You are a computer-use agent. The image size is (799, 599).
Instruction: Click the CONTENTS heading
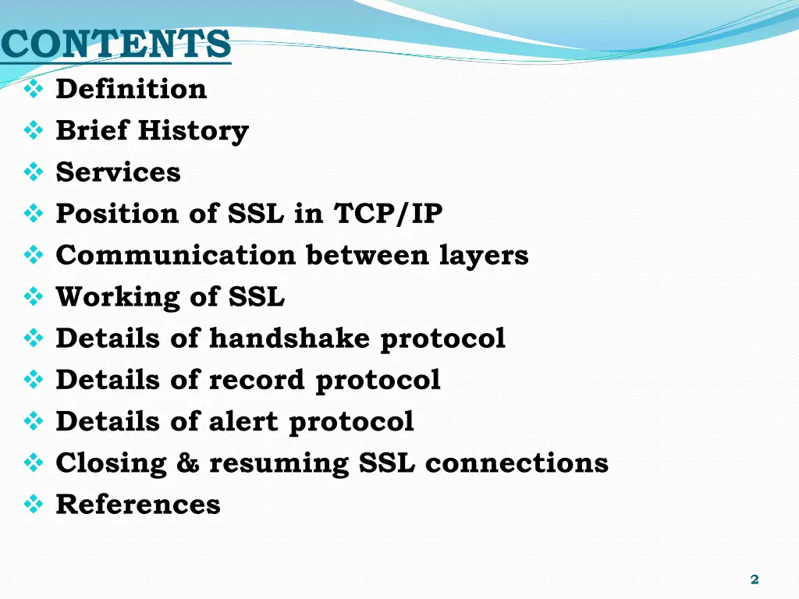tap(116, 44)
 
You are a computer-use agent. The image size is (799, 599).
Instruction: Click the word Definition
tap(131, 89)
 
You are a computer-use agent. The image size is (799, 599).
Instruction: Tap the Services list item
tap(118, 172)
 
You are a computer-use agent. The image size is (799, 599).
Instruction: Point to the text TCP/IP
tap(388, 214)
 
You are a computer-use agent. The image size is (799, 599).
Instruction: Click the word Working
tap(116, 296)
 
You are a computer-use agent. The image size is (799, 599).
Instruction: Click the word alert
tap(243, 421)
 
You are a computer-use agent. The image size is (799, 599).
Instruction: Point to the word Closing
tap(111, 463)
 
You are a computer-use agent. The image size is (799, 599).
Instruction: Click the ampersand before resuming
tap(187, 463)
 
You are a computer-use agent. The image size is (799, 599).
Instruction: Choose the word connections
tap(517, 463)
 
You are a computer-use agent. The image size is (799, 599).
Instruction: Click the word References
tap(138, 505)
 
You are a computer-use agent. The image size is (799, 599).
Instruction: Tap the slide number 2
tap(754, 579)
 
